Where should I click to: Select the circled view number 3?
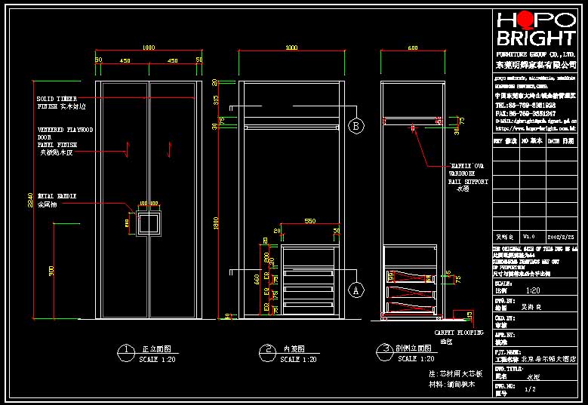pos(386,349)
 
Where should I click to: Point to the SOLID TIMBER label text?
pos(57,99)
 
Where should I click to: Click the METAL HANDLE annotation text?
pos(57,196)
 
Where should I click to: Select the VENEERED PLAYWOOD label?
pos(65,130)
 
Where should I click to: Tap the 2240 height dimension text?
pos(30,198)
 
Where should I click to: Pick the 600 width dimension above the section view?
pos(413,48)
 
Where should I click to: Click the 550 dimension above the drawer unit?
pos(309,220)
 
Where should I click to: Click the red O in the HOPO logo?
pos(522,20)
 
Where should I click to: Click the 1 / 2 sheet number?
pos(530,389)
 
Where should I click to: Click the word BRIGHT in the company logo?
pos(535,39)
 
